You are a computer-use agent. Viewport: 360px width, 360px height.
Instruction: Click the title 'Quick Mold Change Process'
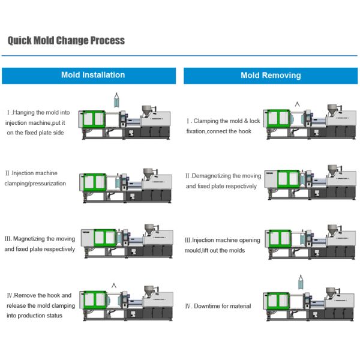click(66, 40)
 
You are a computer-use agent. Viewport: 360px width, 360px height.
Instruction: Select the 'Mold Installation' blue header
click(89, 76)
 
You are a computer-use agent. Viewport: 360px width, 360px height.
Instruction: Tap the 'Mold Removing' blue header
click(271, 76)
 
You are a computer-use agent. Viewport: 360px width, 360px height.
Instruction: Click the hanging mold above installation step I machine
click(117, 100)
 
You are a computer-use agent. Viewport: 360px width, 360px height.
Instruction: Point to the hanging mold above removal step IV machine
click(301, 282)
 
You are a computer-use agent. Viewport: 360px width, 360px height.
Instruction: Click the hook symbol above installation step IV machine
click(114, 286)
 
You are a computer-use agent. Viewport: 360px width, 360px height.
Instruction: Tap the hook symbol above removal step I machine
click(298, 104)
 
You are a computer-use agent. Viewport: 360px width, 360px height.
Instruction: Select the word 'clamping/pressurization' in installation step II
click(35, 184)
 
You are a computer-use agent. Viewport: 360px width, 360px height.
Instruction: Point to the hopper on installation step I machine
click(147, 110)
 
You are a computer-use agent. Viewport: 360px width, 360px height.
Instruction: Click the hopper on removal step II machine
click(332, 170)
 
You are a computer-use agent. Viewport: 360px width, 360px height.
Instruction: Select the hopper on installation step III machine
click(149, 229)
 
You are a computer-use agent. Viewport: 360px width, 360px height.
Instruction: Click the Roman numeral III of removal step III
click(188, 240)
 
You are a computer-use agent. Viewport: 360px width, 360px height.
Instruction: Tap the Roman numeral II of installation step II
click(8, 173)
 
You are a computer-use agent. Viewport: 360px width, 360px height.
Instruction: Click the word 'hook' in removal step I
click(245, 131)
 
